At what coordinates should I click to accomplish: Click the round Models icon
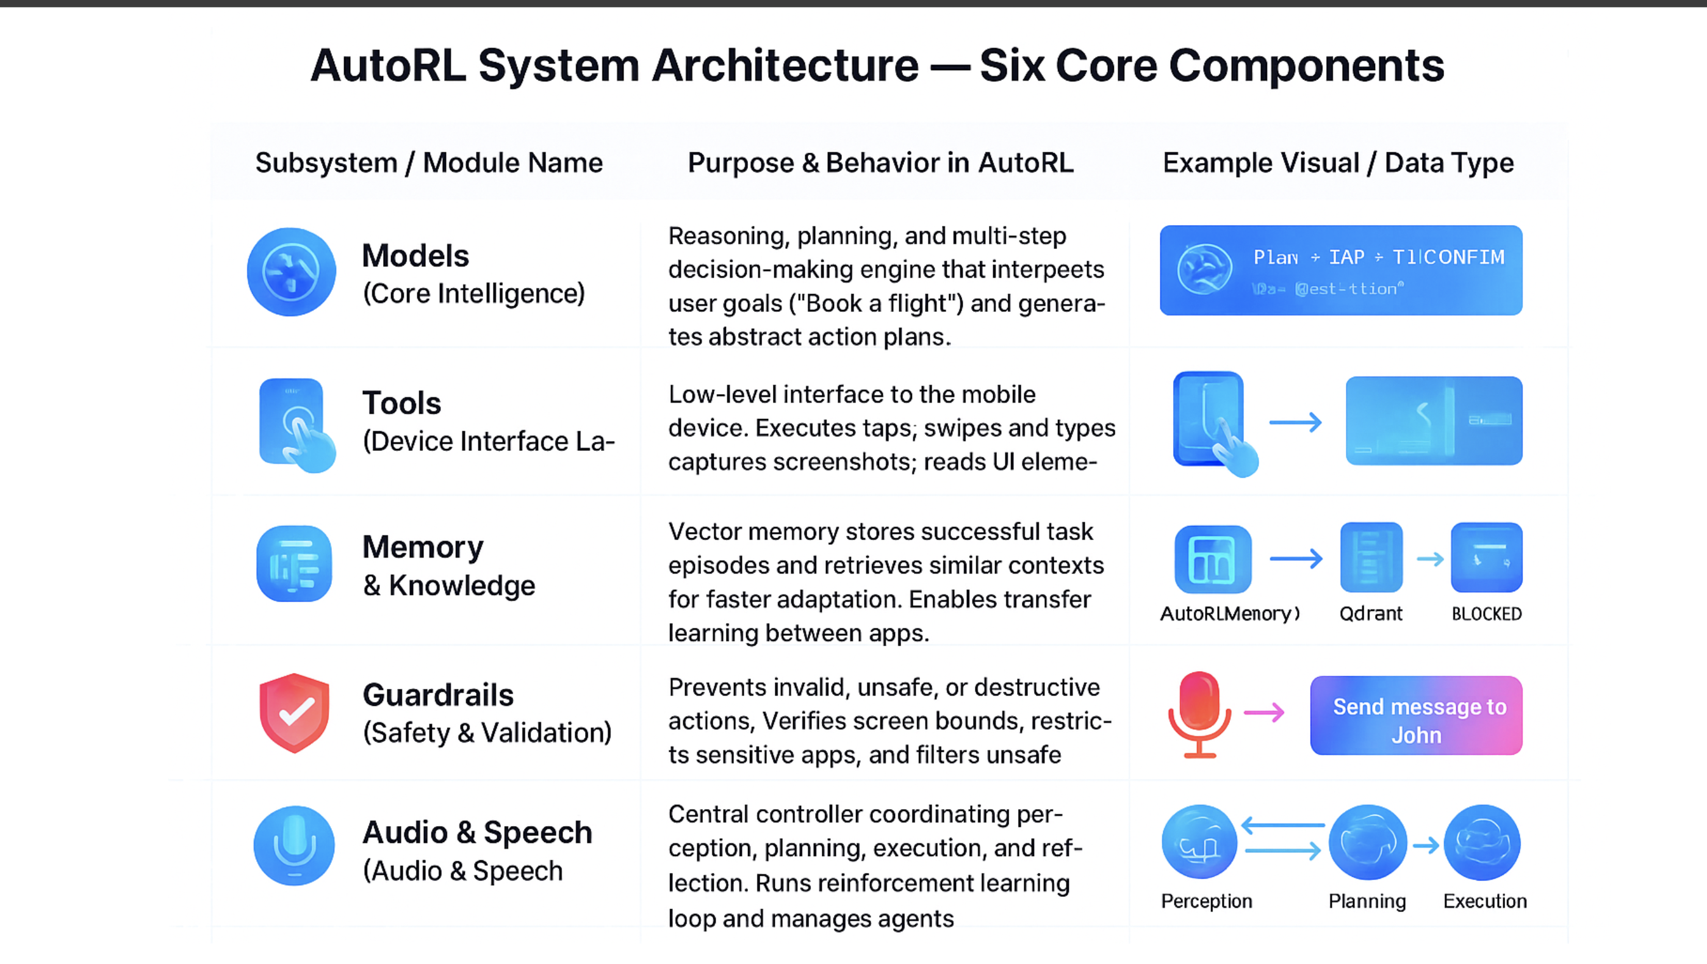(x=291, y=272)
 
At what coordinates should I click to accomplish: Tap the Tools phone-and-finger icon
(x=295, y=424)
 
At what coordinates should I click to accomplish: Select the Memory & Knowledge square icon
(x=294, y=564)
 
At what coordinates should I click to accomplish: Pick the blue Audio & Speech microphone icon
(x=294, y=846)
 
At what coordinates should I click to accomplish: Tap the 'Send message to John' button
(x=1416, y=716)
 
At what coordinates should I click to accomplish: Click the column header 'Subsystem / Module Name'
(x=429, y=163)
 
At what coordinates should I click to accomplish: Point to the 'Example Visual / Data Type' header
(x=1338, y=163)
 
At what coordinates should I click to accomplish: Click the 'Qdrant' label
(x=1370, y=614)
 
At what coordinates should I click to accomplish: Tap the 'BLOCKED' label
(x=1486, y=614)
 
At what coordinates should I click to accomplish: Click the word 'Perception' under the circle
(x=1206, y=901)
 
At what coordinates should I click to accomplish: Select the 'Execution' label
(x=1484, y=901)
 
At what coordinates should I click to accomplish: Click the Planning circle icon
(x=1368, y=843)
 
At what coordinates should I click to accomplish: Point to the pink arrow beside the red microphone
(x=1264, y=713)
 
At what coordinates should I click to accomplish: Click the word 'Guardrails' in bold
(x=438, y=695)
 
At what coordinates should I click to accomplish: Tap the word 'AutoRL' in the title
(x=389, y=66)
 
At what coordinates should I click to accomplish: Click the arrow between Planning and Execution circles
(x=1426, y=846)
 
